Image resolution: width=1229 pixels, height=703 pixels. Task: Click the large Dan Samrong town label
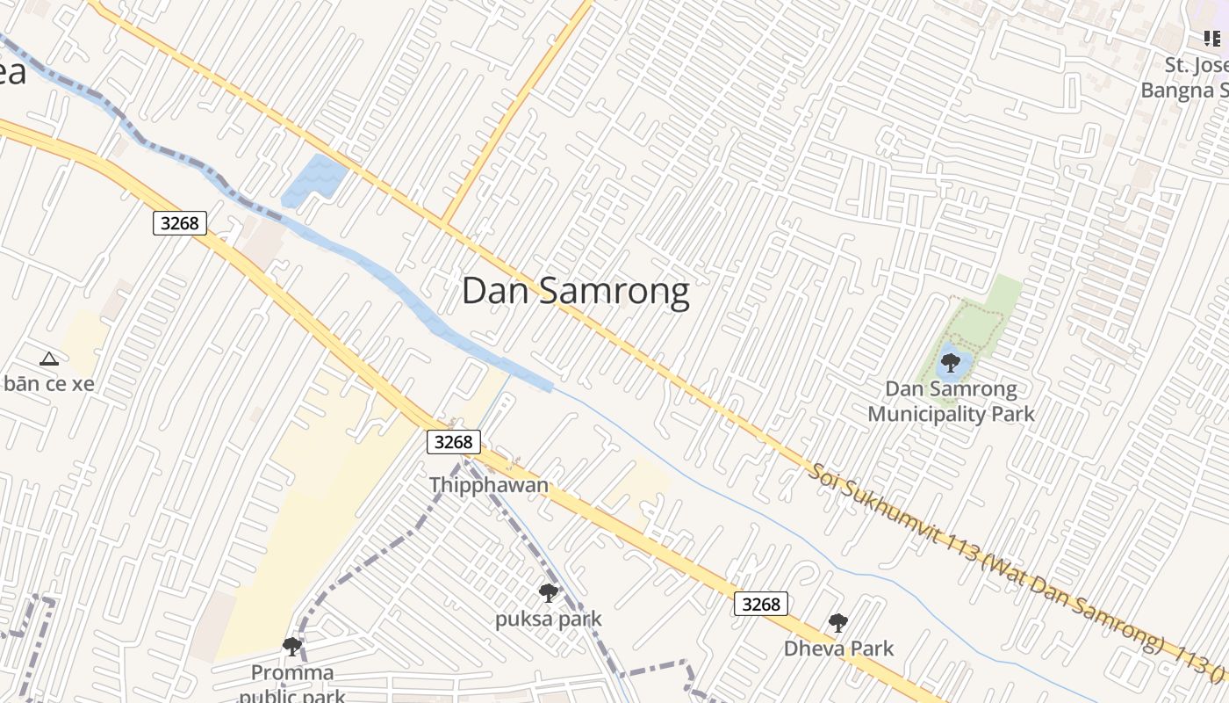click(575, 292)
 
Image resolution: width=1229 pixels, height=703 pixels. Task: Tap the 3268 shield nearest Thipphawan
click(454, 441)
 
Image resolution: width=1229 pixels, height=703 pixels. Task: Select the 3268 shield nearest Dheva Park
click(761, 604)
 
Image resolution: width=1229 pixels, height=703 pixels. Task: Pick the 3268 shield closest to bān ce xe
click(180, 223)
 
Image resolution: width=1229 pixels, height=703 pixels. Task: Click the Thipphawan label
click(489, 485)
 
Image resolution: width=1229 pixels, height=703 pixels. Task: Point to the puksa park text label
click(549, 619)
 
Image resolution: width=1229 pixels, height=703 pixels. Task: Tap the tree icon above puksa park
click(549, 593)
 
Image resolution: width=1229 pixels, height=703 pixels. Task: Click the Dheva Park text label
click(838, 649)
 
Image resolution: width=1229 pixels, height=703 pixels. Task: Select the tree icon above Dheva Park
click(838, 623)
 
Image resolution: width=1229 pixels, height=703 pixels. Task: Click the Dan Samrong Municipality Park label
click(952, 402)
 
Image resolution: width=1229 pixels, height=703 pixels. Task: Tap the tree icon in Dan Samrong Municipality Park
click(950, 362)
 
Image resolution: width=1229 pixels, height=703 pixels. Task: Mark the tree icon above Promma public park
click(292, 647)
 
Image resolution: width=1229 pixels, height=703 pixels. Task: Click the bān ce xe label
click(48, 384)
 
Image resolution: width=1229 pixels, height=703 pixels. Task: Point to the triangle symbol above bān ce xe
click(48, 359)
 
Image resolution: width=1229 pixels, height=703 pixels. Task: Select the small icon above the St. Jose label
click(1211, 39)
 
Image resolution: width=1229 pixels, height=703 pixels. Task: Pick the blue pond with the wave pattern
click(313, 178)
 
